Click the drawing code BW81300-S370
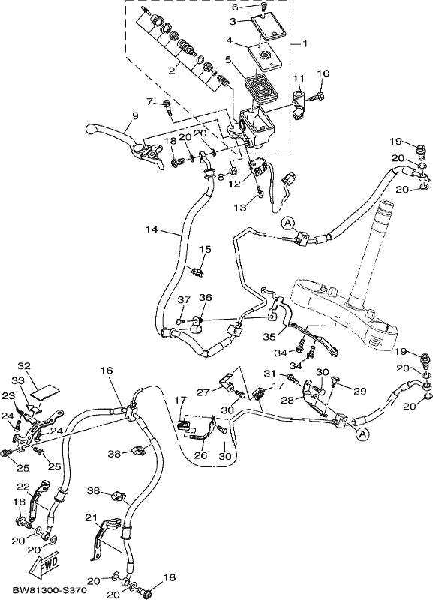(x=44, y=590)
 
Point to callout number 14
(x=152, y=229)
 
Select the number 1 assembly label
(x=305, y=44)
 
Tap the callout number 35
(x=269, y=337)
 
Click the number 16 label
(x=107, y=370)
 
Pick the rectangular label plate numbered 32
(x=44, y=390)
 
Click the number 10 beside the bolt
(x=323, y=73)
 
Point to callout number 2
(x=173, y=70)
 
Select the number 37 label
(x=184, y=299)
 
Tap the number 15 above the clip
(x=205, y=249)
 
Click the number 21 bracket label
(x=91, y=517)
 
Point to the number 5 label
(x=228, y=59)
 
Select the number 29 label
(x=360, y=391)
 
